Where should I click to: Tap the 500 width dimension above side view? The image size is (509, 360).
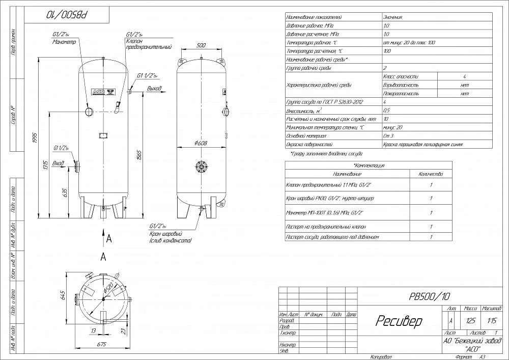201,46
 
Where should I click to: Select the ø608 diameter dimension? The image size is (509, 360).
201,143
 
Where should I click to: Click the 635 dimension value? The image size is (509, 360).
65,192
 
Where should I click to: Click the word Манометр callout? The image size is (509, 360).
64,42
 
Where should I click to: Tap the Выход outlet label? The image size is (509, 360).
154,89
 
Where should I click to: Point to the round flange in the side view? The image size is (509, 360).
202,167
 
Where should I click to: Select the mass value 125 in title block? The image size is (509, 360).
470,321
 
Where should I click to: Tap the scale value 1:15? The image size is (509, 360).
492,321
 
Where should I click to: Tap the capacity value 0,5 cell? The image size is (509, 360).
386,110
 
